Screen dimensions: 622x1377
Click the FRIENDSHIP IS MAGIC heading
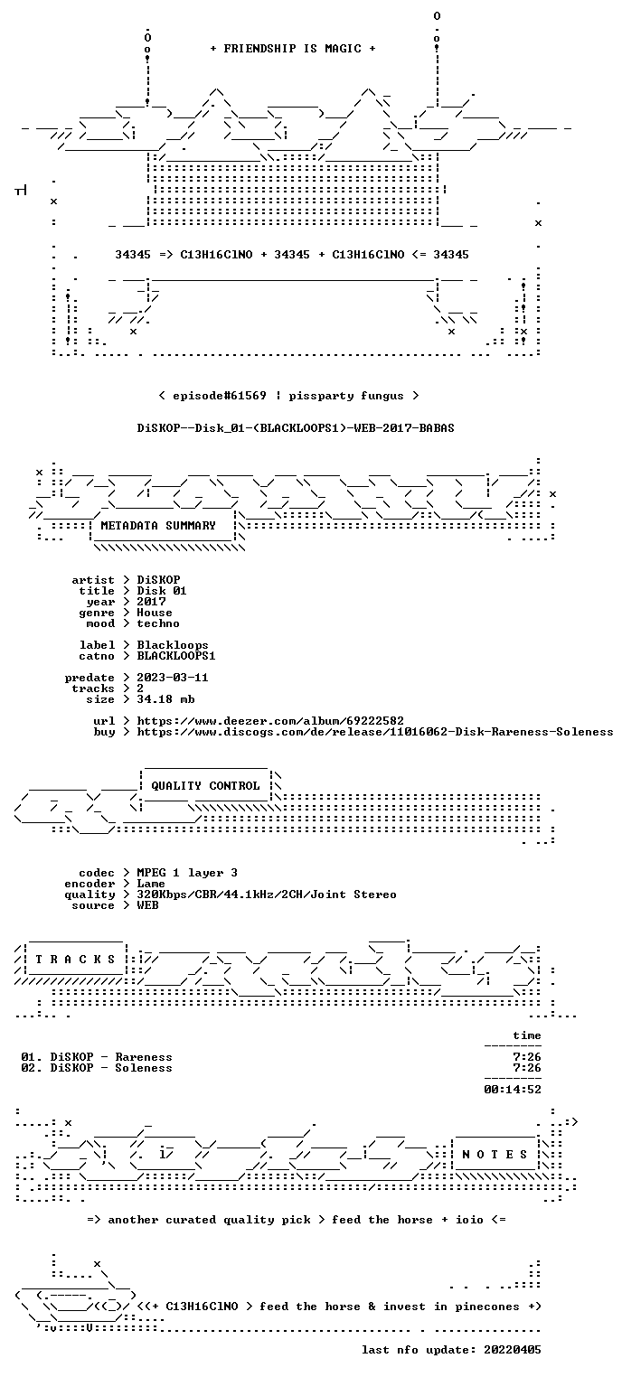[292, 49]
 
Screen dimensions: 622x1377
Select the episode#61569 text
[220, 395]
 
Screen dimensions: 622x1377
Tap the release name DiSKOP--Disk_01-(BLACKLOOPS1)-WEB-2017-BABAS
[296, 428]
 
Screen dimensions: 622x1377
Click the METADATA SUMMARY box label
[158, 526]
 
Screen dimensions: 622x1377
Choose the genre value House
[155, 613]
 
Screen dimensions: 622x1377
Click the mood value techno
[158, 623]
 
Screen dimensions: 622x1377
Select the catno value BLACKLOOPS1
[176, 656]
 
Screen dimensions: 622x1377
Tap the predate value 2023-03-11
[173, 678]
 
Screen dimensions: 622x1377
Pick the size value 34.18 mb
[165, 699]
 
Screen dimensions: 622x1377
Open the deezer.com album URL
[270, 721]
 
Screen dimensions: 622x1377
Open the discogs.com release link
[374, 732]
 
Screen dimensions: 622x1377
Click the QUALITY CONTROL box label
[205, 785]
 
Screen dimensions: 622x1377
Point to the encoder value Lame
[151, 884]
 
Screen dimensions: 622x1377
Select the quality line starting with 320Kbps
[267, 895]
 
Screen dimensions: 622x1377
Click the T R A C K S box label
[75, 959]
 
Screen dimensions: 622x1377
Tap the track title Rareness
[144, 1057]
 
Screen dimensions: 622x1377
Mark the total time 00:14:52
[513, 1090]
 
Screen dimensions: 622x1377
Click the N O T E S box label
[495, 1155]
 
